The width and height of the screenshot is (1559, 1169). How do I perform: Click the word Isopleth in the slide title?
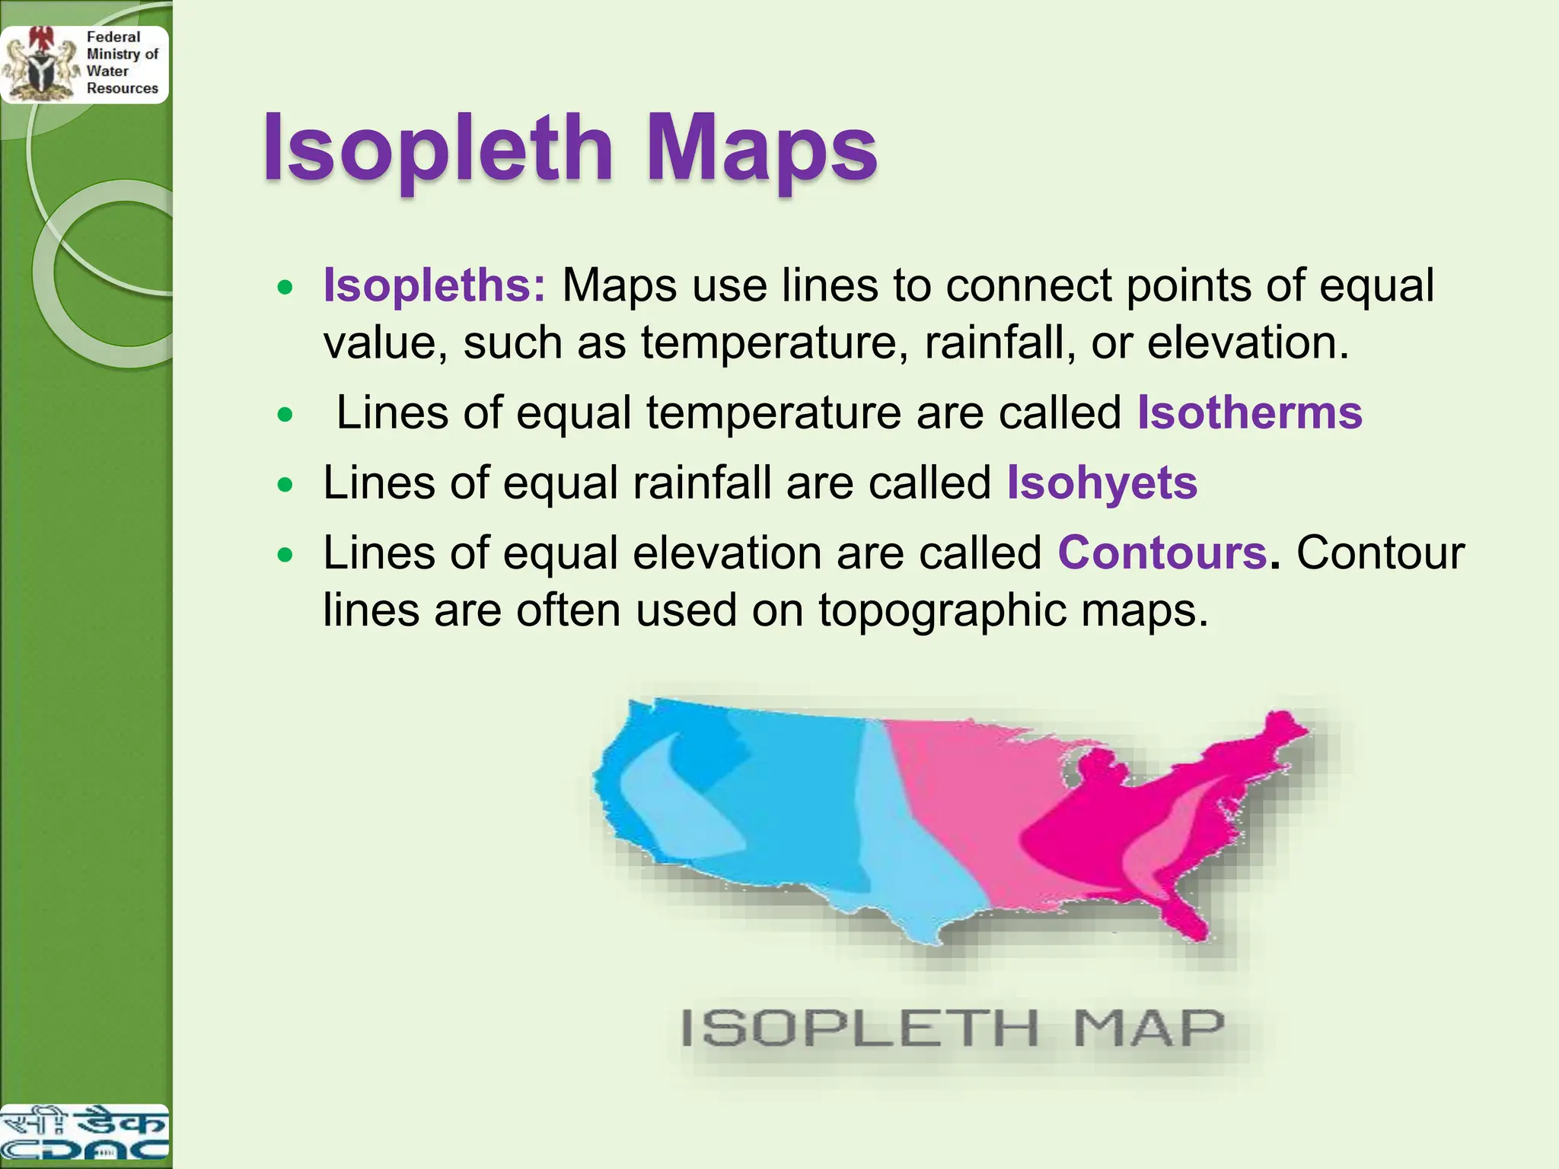(438, 149)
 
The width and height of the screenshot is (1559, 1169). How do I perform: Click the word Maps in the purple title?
(762, 149)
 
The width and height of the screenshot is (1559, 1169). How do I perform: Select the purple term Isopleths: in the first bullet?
(435, 285)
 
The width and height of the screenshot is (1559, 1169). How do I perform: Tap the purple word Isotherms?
(1250, 413)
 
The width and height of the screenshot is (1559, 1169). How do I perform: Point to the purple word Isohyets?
(1102, 483)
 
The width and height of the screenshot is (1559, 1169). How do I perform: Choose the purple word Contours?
(1162, 553)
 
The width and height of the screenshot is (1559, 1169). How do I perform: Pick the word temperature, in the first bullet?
(775, 343)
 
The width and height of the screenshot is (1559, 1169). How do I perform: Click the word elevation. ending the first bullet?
(1248, 343)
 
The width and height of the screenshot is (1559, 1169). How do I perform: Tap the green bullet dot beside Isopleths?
(285, 288)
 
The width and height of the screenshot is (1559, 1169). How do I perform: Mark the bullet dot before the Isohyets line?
(285, 486)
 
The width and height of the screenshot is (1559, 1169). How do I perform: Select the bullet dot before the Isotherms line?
(285, 416)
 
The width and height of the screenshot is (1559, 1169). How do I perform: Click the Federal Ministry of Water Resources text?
(122, 62)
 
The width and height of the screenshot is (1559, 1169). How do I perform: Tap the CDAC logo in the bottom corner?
(84, 1134)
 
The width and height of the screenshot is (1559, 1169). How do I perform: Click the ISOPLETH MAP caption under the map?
(952, 1028)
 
